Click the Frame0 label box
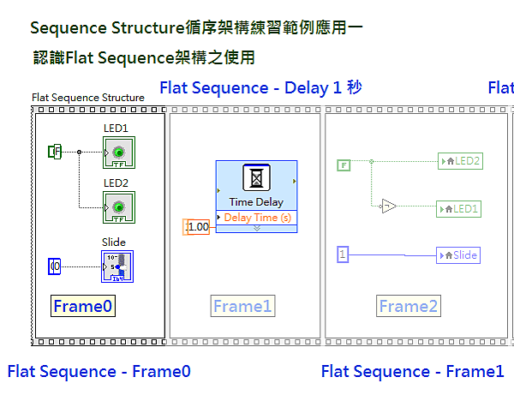(82, 306)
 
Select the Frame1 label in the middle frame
(242, 306)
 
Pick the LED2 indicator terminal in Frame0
(118, 206)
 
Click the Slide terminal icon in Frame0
(118, 266)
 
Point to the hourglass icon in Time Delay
(256, 178)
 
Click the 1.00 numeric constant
(197, 227)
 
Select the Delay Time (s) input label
(256, 218)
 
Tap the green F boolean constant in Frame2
(344, 165)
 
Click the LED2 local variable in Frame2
(460, 161)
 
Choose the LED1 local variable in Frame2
(460, 208)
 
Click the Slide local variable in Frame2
(457, 254)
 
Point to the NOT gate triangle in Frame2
(389, 206)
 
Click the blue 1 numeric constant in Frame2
(343, 254)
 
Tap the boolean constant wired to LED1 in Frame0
(55, 152)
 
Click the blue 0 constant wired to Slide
(55, 266)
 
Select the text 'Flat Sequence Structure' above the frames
(88, 98)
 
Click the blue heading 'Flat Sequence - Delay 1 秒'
(261, 87)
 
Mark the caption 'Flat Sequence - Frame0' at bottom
(99, 371)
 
